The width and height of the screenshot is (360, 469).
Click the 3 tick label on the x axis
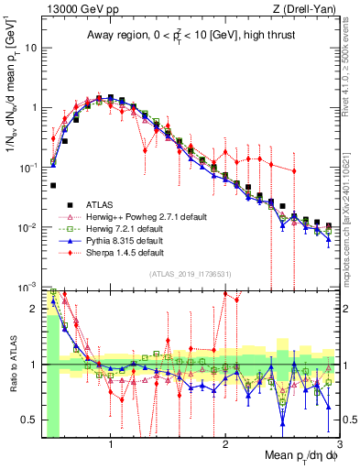pos(338,446)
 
